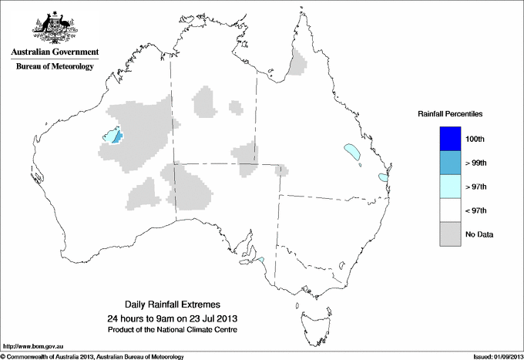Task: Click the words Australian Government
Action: point(54,52)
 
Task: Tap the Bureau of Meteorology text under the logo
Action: point(54,66)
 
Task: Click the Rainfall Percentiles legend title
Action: point(450,113)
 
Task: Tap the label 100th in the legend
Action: point(475,139)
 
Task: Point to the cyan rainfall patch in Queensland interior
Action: point(353,151)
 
